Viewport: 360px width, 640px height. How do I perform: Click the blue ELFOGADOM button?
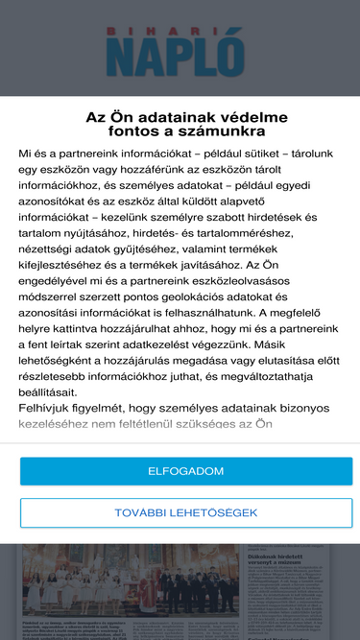(186, 471)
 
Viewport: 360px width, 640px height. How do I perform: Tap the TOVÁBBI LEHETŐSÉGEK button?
(186, 512)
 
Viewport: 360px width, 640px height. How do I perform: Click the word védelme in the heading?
(248, 117)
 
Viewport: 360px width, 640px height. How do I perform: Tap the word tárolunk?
(322, 154)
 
